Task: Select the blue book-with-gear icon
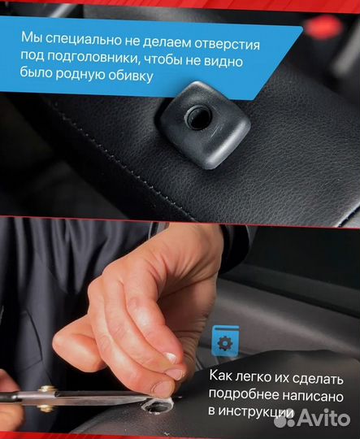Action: (223, 341)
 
